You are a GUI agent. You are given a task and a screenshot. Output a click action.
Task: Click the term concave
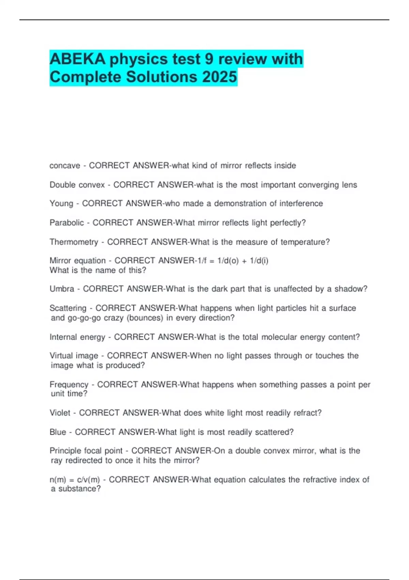(x=65, y=166)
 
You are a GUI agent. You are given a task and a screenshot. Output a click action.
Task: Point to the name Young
(x=61, y=204)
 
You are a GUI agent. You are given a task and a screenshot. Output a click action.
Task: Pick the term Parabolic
(x=67, y=223)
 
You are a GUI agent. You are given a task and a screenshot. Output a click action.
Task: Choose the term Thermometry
(x=74, y=242)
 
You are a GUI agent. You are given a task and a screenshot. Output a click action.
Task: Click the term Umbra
(x=62, y=289)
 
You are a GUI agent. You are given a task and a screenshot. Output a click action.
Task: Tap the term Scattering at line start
(x=68, y=308)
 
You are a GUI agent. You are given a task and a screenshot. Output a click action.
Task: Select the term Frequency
(x=69, y=385)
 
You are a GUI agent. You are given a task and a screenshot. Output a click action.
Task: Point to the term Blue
(x=58, y=432)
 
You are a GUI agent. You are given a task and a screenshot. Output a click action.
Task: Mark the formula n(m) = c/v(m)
(x=75, y=480)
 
